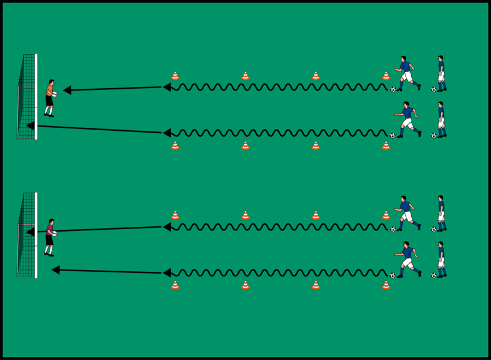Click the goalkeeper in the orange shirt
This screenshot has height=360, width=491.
click(50, 98)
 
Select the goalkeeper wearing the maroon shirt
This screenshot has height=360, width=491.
click(50, 238)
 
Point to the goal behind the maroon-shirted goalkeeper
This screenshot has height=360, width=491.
click(26, 236)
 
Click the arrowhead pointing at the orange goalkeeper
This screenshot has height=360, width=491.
click(67, 90)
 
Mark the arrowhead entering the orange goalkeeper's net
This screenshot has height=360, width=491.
click(31, 125)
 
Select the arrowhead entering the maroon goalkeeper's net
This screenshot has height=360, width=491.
click(31, 232)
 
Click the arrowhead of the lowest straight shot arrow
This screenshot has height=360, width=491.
click(56, 270)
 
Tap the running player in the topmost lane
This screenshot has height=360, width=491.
click(406, 73)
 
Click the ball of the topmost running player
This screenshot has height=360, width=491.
click(393, 89)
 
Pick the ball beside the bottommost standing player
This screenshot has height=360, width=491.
click(433, 275)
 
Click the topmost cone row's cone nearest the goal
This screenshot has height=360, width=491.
click(175, 76)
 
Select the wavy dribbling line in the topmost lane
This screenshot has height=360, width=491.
click(276, 87)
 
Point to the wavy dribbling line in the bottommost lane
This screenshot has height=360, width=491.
click(276, 273)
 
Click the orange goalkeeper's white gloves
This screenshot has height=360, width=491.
click(54, 94)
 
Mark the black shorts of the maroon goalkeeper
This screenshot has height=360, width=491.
click(49, 240)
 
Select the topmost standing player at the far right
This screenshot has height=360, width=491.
click(441, 73)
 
